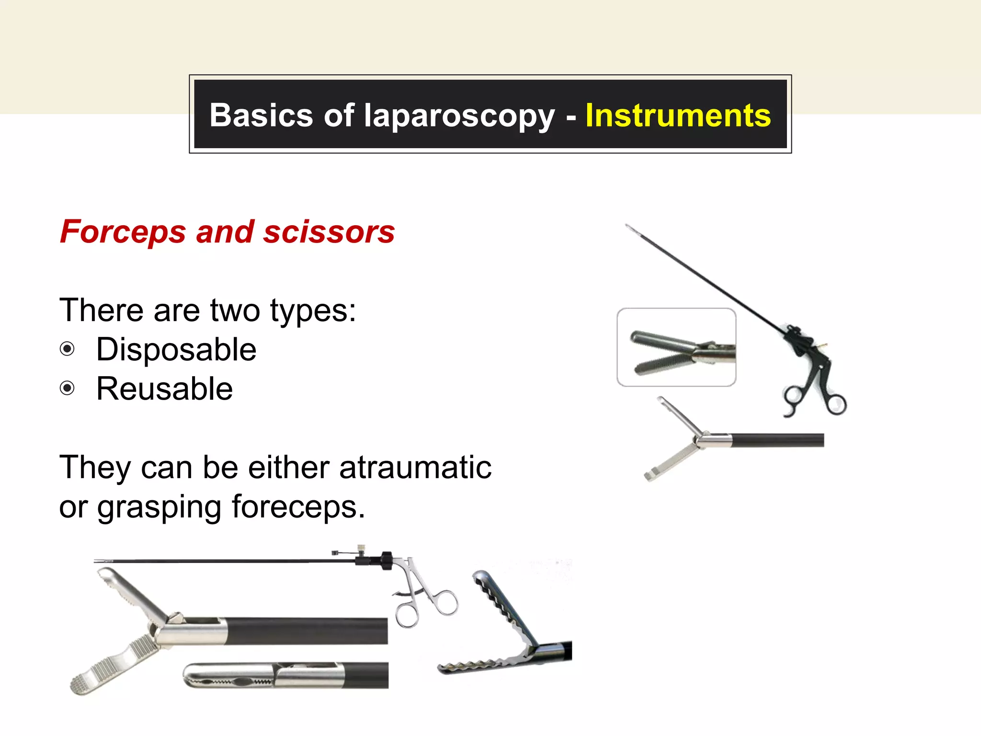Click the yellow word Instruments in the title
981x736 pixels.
[678, 115]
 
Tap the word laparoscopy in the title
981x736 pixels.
[459, 116]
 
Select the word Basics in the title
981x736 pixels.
[261, 115]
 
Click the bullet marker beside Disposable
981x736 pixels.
[68, 349]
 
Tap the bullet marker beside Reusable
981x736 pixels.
[68, 388]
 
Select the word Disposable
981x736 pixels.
[176, 349]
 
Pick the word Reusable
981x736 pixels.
[164, 389]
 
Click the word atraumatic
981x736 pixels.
[415, 467]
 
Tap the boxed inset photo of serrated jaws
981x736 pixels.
[676, 347]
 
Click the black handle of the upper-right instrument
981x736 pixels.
[814, 379]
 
